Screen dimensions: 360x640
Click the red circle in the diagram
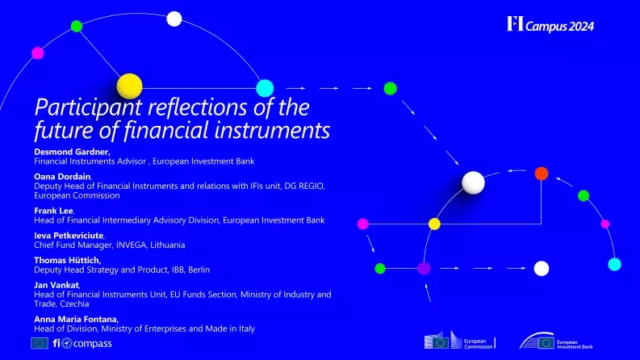click(x=542, y=173)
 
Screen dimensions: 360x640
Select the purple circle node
click(x=424, y=267)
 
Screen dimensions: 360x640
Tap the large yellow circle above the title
click(x=129, y=85)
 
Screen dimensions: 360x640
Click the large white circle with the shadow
click(x=474, y=182)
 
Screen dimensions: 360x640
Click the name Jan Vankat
click(x=56, y=285)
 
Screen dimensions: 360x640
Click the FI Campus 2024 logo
click(x=550, y=25)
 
